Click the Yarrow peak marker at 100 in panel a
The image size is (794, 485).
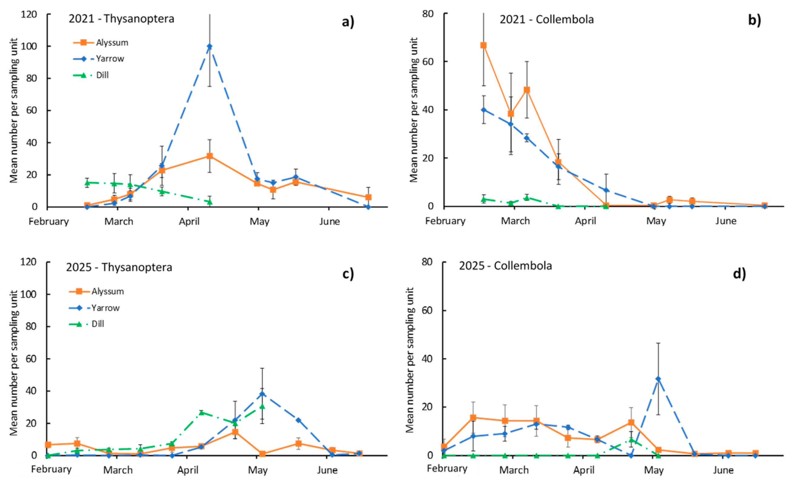pos(210,46)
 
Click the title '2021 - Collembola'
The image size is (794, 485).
pos(547,19)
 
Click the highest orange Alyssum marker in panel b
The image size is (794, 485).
pos(483,45)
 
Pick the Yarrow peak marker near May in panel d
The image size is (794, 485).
pos(658,379)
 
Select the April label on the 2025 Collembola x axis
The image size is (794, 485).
pos(584,470)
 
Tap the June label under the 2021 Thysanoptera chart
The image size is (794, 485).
pos(329,222)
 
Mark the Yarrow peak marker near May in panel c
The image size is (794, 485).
pos(262,393)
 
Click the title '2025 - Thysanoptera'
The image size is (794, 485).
pos(119,267)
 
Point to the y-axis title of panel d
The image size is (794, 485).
pos(410,360)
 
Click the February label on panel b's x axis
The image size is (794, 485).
pos(445,221)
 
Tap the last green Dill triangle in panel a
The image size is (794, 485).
pos(210,202)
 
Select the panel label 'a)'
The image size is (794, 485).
pos(348,22)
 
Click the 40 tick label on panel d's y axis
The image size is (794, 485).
pos(427,359)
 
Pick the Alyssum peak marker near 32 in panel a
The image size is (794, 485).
pos(210,156)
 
